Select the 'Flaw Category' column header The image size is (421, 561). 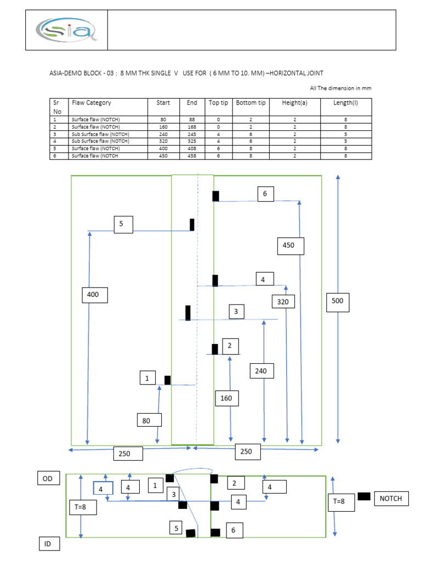click(91, 103)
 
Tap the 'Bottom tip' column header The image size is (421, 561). click(251, 103)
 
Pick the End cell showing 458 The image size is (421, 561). click(192, 156)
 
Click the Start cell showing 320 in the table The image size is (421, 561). click(163, 141)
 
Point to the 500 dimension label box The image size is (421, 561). click(338, 301)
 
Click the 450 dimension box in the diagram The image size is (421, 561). click(288, 245)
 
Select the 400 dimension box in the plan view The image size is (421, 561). click(93, 295)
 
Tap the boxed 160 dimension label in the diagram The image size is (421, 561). click(226, 398)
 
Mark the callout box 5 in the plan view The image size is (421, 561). click(123, 224)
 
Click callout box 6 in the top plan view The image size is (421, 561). click(265, 194)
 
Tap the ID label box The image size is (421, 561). click(48, 544)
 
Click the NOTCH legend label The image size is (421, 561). click(391, 498)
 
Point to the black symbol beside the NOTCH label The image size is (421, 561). click(364, 496)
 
